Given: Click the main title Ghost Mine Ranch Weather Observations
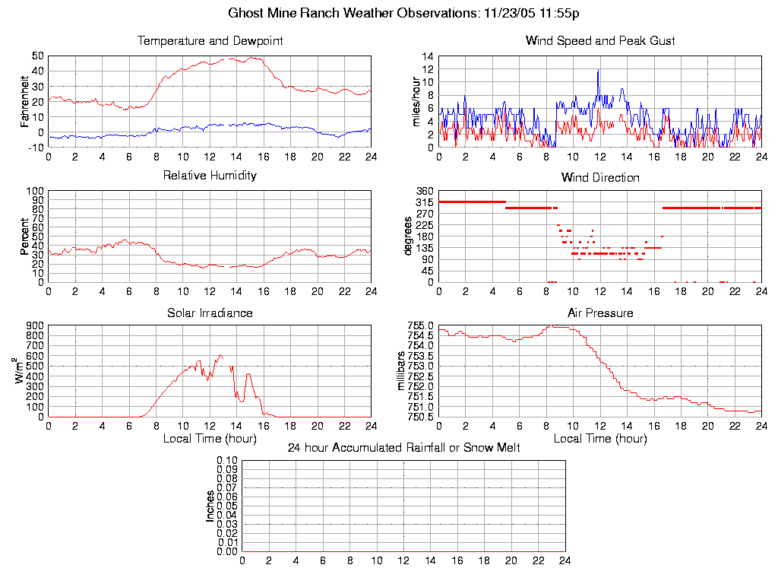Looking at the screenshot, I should click(404, 13).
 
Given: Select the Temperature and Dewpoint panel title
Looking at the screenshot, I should click(210, 41).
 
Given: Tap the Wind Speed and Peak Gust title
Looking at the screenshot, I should click(600, 41).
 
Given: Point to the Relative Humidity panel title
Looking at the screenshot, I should click(210, 176).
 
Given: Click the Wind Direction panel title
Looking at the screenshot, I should click(600, 178).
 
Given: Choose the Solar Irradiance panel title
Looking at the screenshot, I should click(210, 313).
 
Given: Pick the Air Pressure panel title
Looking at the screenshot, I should click(600, 313).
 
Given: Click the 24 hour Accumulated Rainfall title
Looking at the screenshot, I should click(403, 447).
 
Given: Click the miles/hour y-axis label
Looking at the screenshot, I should click(415, 101).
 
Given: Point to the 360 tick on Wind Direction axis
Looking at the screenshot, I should click(424, 191).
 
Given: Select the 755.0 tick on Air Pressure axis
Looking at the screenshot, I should click(419, 325).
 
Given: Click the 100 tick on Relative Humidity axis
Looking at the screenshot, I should click(36, 191).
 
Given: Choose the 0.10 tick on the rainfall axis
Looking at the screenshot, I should click(227, 460).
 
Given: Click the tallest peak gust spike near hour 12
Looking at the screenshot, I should click(598, 71).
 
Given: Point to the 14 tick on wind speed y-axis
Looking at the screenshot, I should click(428, 56).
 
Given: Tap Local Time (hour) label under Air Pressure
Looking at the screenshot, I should click(600, 439).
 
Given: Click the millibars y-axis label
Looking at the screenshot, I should click(403, 370).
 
